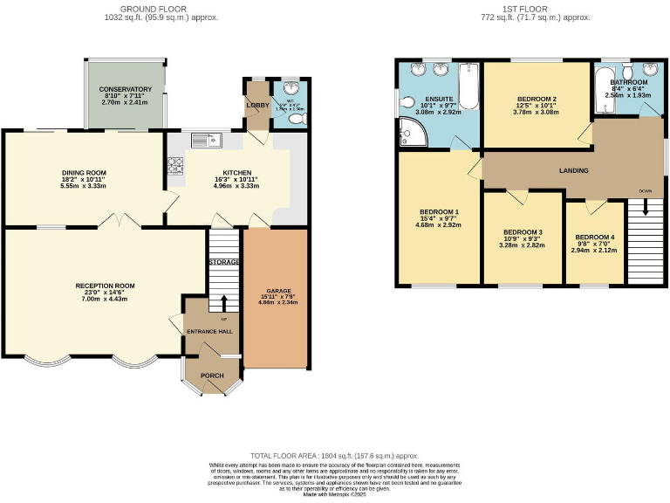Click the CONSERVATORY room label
click(x=125, y=90)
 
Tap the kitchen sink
click(x=207, y=140)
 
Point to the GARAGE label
click(x=275, y=290)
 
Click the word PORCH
click(x=212, y=376)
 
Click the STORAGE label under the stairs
click(x=223, y=262)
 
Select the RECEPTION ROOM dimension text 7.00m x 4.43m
click(x=105, y=299)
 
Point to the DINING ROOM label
click(x=83, y=172)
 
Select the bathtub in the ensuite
click(x=468, y=89)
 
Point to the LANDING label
click(x=573, y=170)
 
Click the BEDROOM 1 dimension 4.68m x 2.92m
click(x=439, y=224)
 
